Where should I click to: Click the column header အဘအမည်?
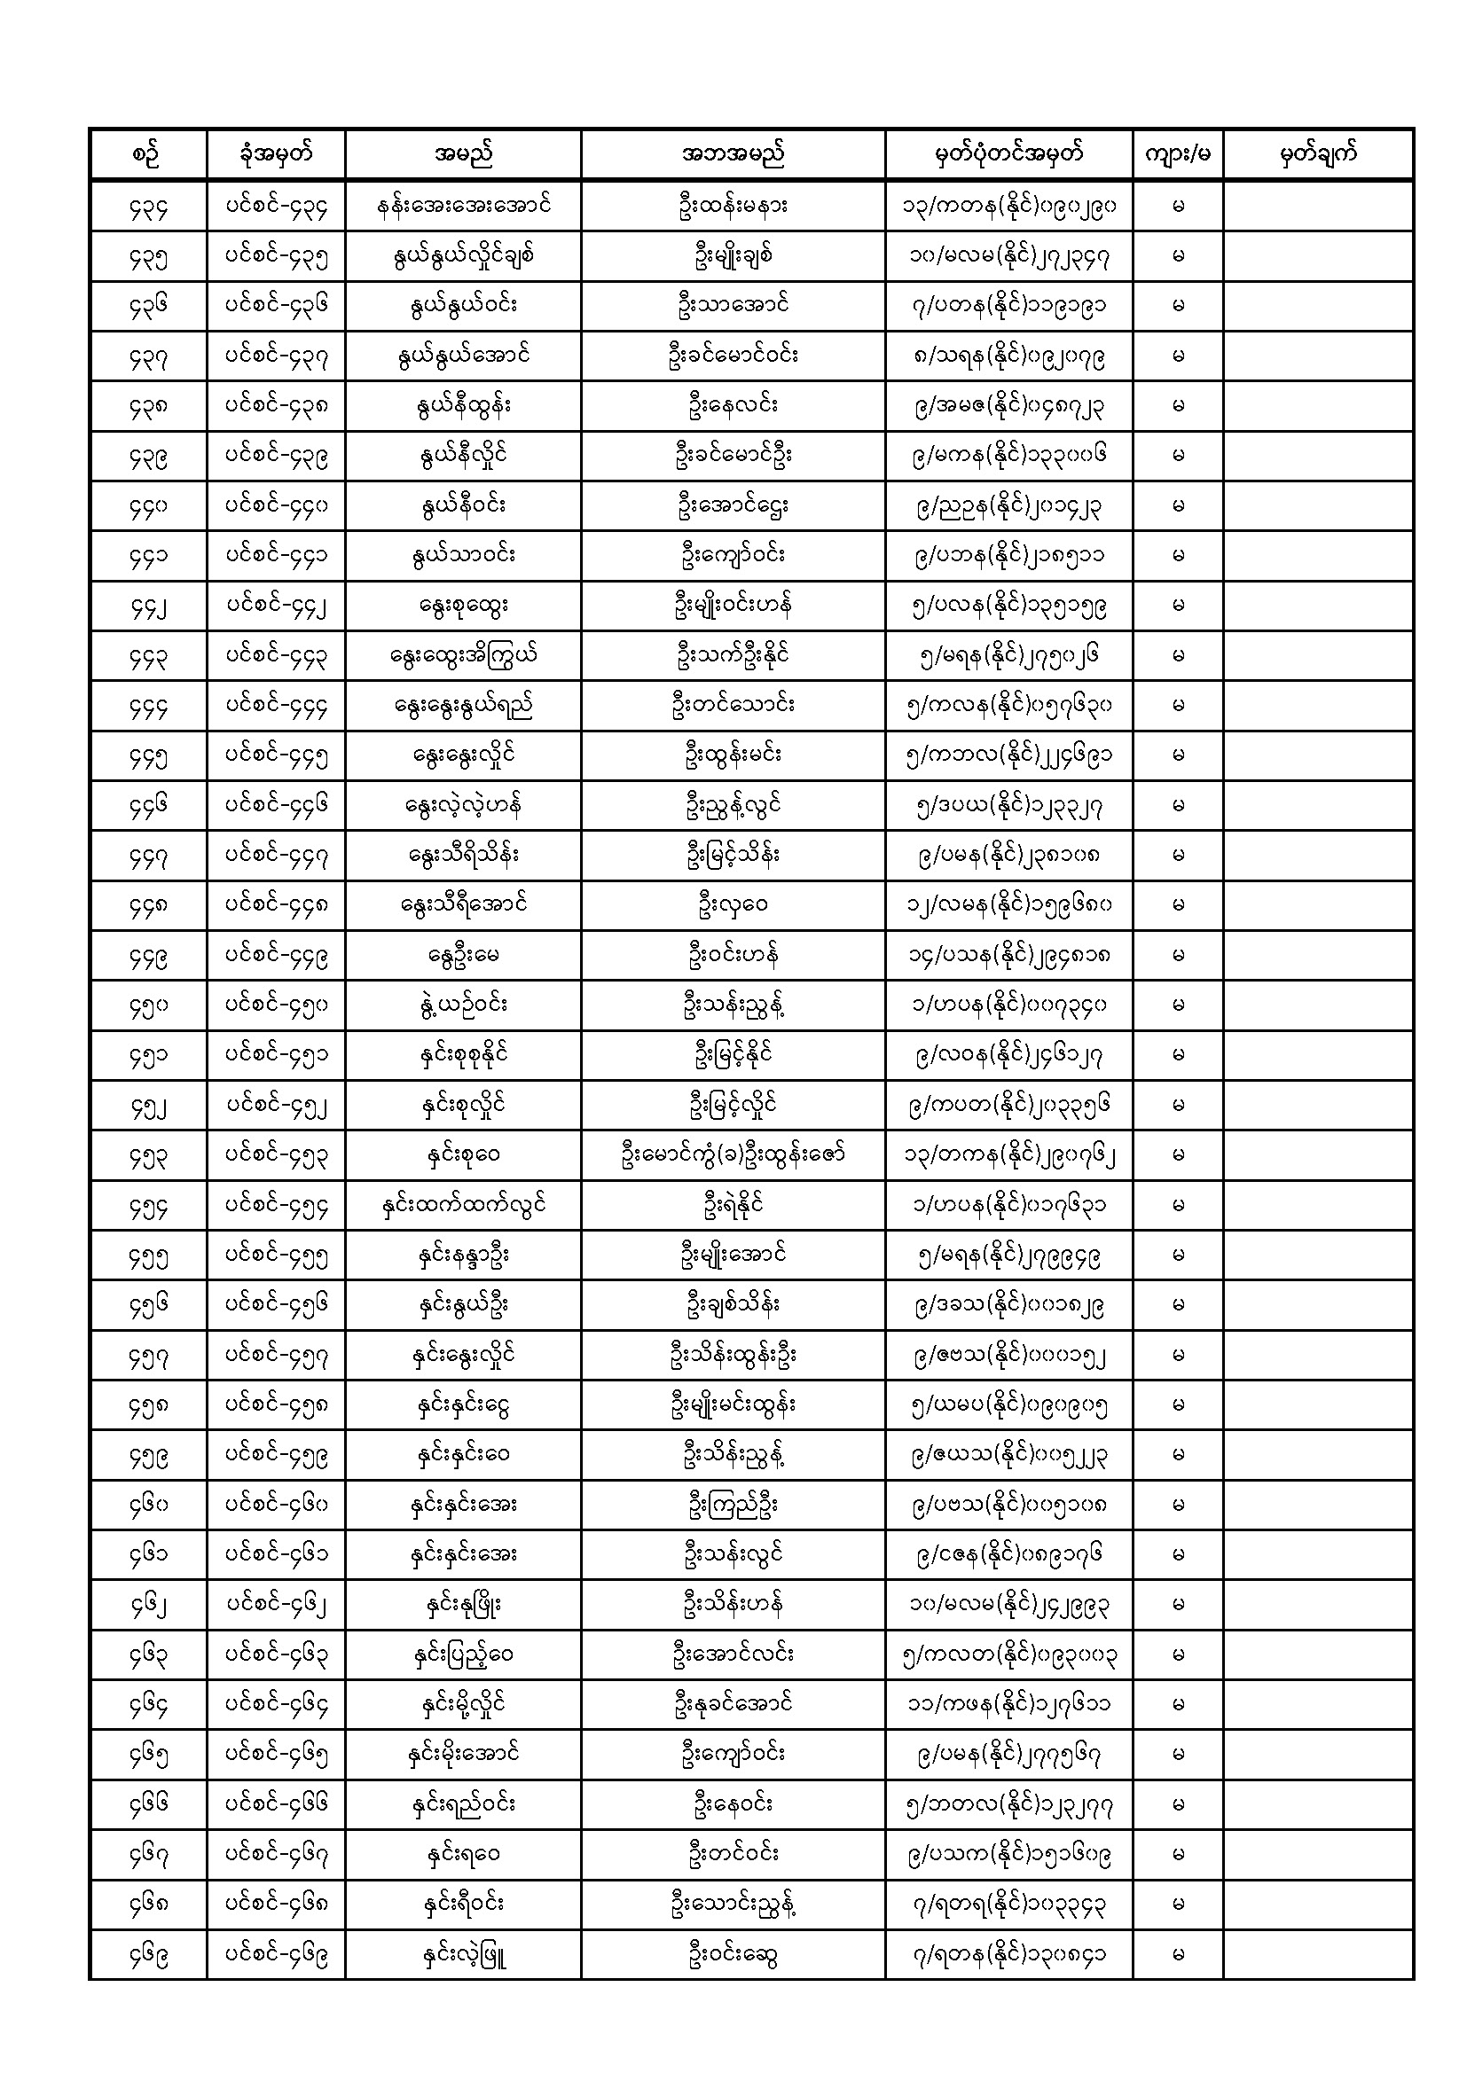click(x=733, y=154)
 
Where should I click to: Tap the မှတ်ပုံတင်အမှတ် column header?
click(x=1008, y=154)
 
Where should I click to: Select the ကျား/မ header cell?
click(x=1177, y=154)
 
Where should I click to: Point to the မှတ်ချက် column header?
click(x=1318, y=154)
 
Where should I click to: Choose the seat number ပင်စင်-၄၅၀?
click(x=276, y=1005)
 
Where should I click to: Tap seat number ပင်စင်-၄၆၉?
click(x=276, y=1955)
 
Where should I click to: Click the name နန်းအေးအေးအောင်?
click(x=462, y=206)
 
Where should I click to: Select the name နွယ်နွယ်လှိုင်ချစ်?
click(x=462, y=255)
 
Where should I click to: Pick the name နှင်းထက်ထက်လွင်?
click(x=462, y=1204)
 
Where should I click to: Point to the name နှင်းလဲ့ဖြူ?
click(x=462, y=1955)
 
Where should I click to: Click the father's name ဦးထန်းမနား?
click(x=733, y=206)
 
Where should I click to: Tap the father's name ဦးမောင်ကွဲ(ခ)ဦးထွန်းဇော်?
click(x=733, y=1154)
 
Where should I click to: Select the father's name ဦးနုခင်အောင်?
click(x=733, y=1705)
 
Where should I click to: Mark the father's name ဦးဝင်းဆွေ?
click(x=733, y=1955)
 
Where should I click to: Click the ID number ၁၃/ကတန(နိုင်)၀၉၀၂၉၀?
click(x=1008, y=206)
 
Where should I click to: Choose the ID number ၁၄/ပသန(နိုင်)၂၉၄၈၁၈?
click(x=1008, y=955)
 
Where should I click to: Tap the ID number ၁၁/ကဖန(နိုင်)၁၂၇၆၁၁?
click(x=1008, y=1705)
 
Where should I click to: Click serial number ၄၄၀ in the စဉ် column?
click(x=148, y=506)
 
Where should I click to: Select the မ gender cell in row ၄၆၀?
click(x=1177, y=1505)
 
